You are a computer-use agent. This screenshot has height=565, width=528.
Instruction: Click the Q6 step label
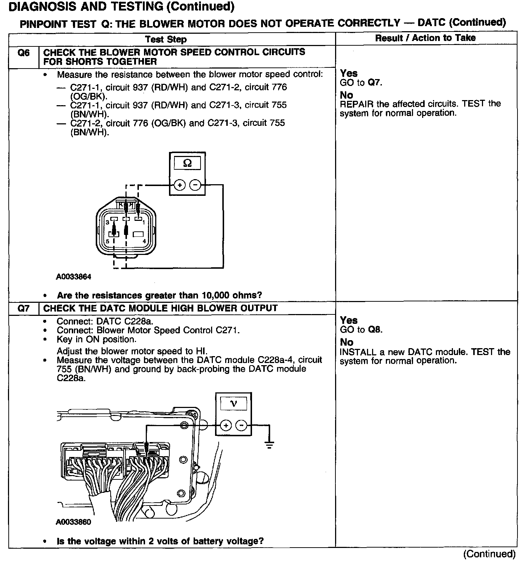(x=24, y=53)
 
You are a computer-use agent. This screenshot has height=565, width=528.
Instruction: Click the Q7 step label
(x=24, y=309)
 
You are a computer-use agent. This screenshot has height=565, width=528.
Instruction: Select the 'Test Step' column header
(x=166, y=40)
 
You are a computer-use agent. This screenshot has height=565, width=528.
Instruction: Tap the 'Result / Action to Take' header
(x=425, y=38)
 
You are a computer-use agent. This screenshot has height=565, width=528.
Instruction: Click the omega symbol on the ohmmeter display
(x=187, y=163)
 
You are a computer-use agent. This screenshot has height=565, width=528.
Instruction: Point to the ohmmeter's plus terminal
(x=180, y=185)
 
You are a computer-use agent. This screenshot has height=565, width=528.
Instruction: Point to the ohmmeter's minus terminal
(x=195, y=185)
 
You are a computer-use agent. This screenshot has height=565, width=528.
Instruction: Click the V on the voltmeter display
(x=234, y=403)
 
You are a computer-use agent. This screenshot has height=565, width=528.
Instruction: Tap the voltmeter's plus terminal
(x=226, y=425)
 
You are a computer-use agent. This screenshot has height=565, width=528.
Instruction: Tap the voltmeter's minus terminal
(x=241, y=425)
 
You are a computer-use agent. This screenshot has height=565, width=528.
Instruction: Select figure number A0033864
(x=74, y=277)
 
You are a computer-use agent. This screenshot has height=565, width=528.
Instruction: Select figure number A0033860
(x=74, y=522)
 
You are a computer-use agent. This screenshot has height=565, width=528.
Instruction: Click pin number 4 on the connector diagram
(x=144, y=241)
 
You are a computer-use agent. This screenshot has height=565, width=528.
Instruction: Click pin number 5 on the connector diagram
(x=107, y=241)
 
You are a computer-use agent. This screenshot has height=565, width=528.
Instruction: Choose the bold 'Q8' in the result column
(x=375, y=330)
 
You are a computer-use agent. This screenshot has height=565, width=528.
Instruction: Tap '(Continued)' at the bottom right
(x=489, y=554)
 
